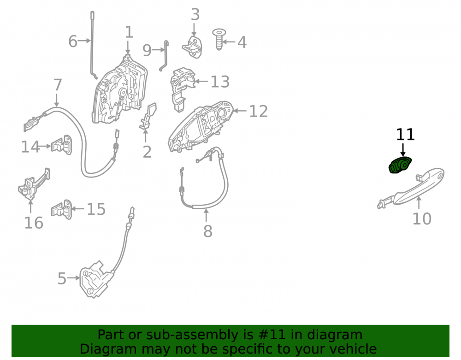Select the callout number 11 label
pyautogui.click(x=405, y=135)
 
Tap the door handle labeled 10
pyautogui.click(x=411, y=188)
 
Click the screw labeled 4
pyautogui.click(x=219, y=39)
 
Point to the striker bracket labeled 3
pyautogui.click(x=193, y=47)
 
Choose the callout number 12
pyautogui.click(x=259, y=111)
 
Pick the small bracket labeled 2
pyautogui.click(x=148, y=116)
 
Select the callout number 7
pyautogui.click(x=58, y=85)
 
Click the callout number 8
pyautogui.click(x=208, y=231)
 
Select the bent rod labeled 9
pyautogui.click(x=165, y=56)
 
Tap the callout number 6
pyautogui.click(x=73, y=41)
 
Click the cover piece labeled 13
pyautogui.click(x=182, y=89)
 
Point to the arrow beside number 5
pyautogui.click(x=73, y=277)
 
